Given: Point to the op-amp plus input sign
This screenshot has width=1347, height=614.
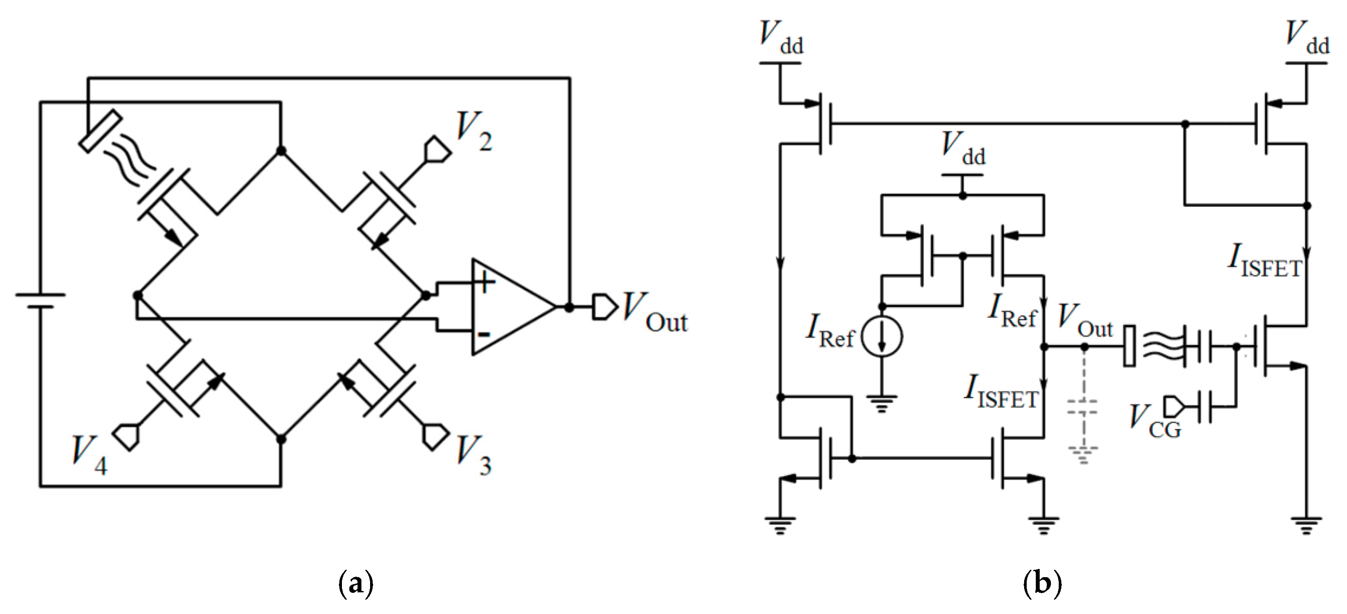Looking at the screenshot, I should pos(485,283).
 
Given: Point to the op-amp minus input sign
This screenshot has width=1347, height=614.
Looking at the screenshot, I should pos(483,334).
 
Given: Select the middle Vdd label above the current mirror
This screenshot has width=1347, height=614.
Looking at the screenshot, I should pos(963,149).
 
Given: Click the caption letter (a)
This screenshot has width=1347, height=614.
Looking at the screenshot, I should pos(356,583).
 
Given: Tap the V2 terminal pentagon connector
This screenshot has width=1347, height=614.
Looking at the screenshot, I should pos(437,149).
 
